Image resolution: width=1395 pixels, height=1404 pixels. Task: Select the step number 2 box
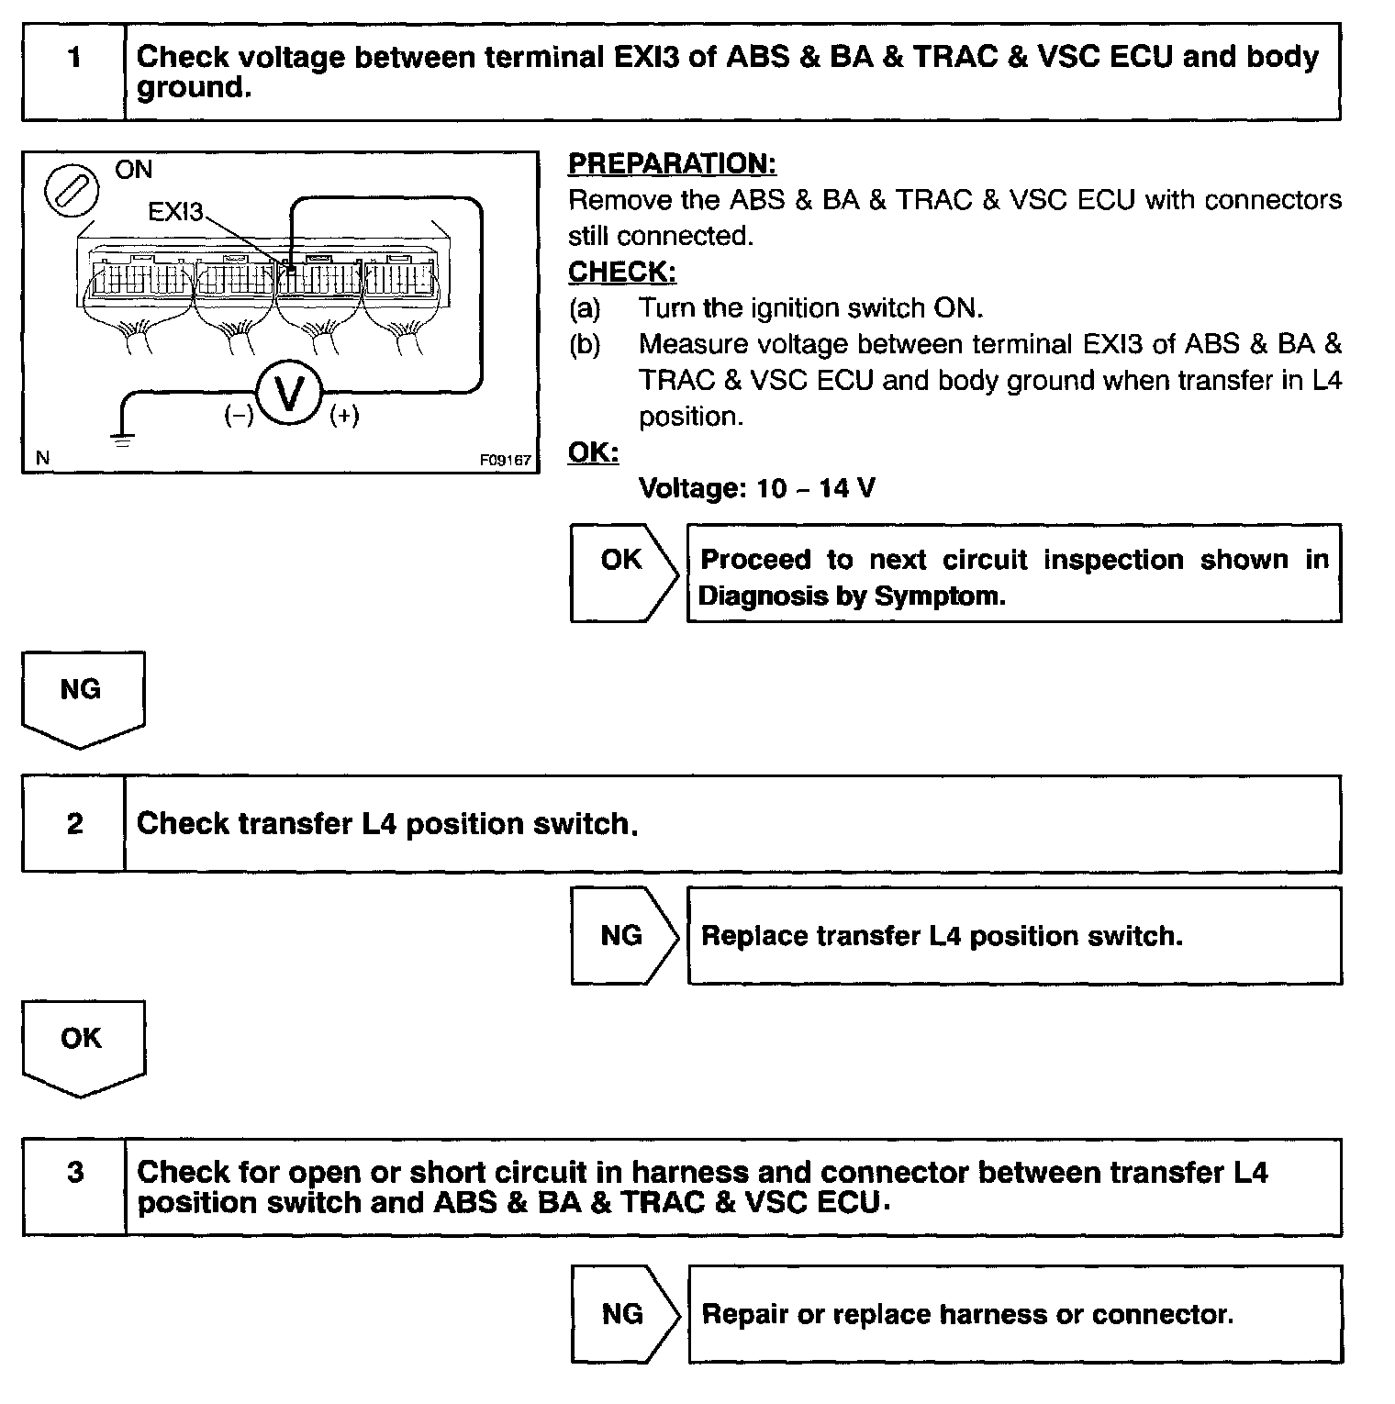click(x=74, y=823)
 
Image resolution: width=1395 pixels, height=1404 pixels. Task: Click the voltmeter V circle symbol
click(x=289, y=394)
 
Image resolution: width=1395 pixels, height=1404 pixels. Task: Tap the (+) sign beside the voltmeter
click(x=344, y=416)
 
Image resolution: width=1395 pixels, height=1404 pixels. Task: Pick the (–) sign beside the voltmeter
click(x=239, y=416)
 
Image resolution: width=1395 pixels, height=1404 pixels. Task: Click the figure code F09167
click(x=505, y=461)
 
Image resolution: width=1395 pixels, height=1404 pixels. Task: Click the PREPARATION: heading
click(x=672, y=164)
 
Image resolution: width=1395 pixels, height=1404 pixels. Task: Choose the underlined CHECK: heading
click(x=621, y=273)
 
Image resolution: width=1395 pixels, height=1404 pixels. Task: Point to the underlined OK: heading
click(x=593, y=452)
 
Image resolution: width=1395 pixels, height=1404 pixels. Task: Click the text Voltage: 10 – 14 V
click(x=756, y=488)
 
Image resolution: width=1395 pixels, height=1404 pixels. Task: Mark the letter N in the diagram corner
click(x=42, y=457)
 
